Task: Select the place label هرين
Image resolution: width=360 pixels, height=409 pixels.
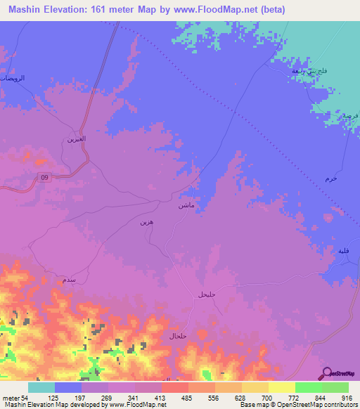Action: pos(145,223)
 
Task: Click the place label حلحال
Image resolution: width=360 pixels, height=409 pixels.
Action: pos(176,337)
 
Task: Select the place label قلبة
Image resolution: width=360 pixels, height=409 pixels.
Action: pos(342,251)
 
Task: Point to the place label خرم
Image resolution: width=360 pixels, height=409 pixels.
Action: pos(332,179)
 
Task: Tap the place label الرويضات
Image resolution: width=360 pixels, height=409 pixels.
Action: pos(12,79)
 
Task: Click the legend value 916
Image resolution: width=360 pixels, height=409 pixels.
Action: pos(345,397)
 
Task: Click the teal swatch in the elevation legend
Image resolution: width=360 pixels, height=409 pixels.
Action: pos(41,387)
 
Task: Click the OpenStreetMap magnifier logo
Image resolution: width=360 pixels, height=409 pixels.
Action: pos(326,373)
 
